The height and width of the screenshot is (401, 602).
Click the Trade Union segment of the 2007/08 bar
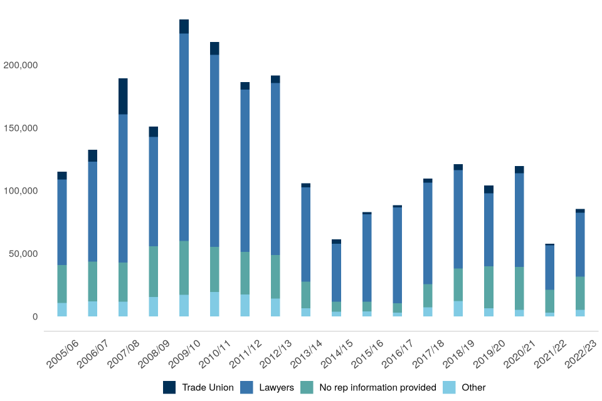click(x=123, y=96)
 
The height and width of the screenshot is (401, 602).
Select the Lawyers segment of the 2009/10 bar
click(x=184, y=137)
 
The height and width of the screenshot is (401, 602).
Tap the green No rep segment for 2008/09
click(x=154, y=271)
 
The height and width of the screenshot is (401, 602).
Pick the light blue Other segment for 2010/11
click(x=214, y=304)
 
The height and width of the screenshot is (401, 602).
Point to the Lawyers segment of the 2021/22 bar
click(x=549, y=267)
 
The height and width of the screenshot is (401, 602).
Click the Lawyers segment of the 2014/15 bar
click(x=336, y=273)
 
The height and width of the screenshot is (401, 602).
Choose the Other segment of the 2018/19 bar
click(x=458, y=308)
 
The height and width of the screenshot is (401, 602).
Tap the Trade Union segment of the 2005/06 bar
click(x=62, y=175)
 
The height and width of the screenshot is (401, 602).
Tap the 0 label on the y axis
click(x=36, y=316)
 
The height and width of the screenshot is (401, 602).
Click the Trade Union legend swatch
click(x=169, y=387)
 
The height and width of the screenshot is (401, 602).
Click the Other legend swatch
click(x=449, y=387)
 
